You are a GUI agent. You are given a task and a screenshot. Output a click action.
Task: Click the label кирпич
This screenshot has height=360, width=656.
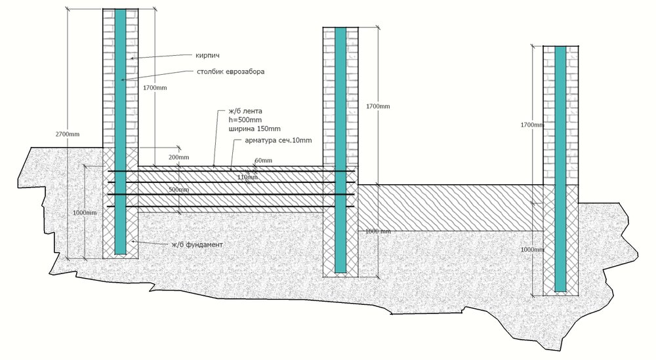pyautogui.click(x=207, y=55)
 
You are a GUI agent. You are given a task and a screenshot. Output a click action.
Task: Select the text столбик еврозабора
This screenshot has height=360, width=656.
pyautogui.click(x=230, y=71)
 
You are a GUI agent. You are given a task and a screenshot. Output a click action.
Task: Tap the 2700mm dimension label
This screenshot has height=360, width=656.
pyautogui.click(x=68, y=134)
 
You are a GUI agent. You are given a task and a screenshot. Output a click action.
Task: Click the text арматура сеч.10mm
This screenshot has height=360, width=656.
pyautogui.click(x=278, y=140)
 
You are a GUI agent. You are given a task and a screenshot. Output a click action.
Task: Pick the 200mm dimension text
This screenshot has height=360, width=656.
pyautogui.click(x=178, y=157)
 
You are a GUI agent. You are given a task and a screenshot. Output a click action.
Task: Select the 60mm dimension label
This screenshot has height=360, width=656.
pyautogui.click(x=263, y=161)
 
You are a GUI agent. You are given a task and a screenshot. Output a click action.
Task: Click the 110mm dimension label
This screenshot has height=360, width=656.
pyautogui.click(x=247, y=177)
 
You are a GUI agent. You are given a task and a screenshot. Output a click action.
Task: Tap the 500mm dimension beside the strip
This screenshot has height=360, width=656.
pyautogui.click(x=178, y=190)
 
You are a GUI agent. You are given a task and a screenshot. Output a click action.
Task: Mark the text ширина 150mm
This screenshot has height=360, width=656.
pyautogui.click(x=255, y=129)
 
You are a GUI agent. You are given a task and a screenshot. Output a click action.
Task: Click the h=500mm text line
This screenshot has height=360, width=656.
pyautogui.click(x=245, y=120)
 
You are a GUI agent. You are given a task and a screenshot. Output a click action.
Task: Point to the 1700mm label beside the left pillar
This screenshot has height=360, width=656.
pyautogui.click(x=155, y=88)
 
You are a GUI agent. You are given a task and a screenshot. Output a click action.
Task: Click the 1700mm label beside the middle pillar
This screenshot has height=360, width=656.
pyautogui.click(x=379, y=106)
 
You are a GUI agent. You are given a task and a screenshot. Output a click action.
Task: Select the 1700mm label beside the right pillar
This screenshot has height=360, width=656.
pyautogui.click(x=532, y=125)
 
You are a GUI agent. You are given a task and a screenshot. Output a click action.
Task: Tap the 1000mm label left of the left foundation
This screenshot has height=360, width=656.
pyautogui.click(x=85, y=213)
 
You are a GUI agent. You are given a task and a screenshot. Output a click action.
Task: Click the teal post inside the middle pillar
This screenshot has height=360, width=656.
pyautogui.click(x=340, y=150)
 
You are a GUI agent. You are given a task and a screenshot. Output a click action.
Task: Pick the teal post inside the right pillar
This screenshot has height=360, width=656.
pyautogui.click(x=561, y=169)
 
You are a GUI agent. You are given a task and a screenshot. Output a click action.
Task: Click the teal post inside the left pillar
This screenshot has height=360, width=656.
pyautogui.click(x=121, y=132)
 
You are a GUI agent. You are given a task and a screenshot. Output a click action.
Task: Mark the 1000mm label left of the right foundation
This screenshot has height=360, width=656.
pyautogui.click(x=532, y=250)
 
